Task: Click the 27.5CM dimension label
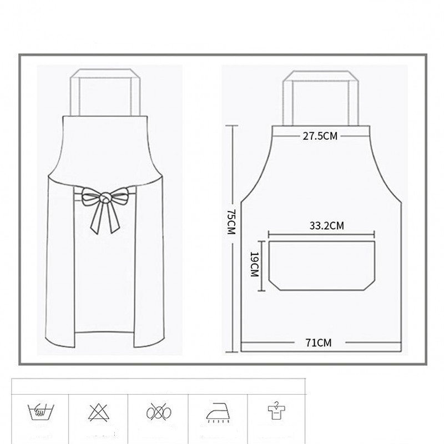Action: tap(320, 136)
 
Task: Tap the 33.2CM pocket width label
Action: tap(326, 226)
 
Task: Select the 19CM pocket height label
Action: tap(254, 264)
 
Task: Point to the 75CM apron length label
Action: tap(231, 222)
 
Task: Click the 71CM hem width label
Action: tap(318, 342)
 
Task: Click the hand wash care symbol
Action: tap(41, 411)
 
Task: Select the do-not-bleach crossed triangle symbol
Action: tap(98, 412)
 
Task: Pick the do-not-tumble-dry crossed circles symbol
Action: tap(159, 412)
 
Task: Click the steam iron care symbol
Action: tap(218, 412)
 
